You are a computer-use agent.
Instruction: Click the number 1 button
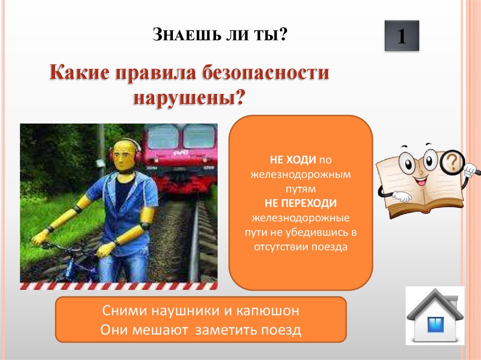[402, 36]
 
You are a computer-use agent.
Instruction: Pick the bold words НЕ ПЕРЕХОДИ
[300, 203]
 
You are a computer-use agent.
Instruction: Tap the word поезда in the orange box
[329, 246]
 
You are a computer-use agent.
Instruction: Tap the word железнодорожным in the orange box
[300, 175]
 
